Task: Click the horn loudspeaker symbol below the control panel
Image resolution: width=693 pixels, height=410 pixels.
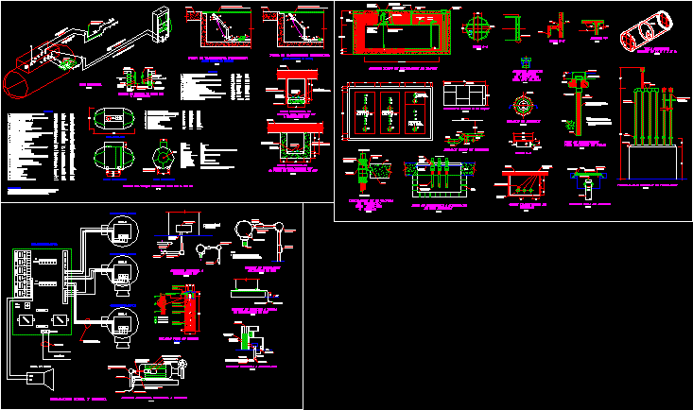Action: (x=35, y=379)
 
